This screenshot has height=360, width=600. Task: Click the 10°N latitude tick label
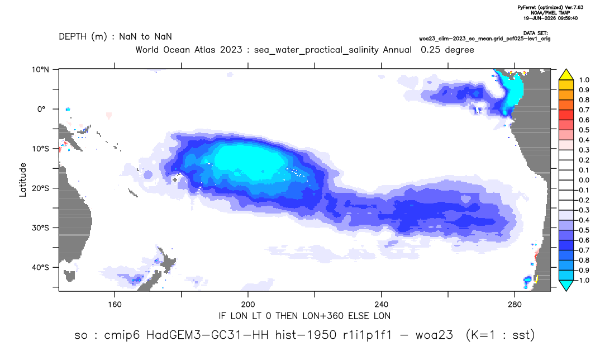(40, 70)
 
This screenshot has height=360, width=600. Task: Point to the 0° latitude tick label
(41, 109)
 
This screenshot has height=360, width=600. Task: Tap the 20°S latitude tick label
(40, 188)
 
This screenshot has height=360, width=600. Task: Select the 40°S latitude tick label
(40, 267)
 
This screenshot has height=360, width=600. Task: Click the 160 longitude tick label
(115, 305)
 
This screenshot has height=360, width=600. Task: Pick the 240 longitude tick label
(381, 305)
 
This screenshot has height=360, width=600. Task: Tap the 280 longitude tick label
(515, 305)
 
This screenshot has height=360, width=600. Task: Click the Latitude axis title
(23, 180)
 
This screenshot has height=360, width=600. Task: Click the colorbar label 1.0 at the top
(584, 80)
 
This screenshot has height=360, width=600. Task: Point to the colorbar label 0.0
(584, 181)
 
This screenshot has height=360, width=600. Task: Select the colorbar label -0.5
(582, 230)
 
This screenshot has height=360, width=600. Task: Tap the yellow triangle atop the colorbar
(566, 74)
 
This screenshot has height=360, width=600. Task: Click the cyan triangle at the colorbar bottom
(566, 285)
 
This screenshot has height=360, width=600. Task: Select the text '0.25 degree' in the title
(447, 50)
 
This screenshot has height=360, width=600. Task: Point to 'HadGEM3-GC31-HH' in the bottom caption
(209, 335)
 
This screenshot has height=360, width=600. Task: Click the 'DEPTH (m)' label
(83, 37)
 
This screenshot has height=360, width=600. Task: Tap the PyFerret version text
(550, 7)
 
